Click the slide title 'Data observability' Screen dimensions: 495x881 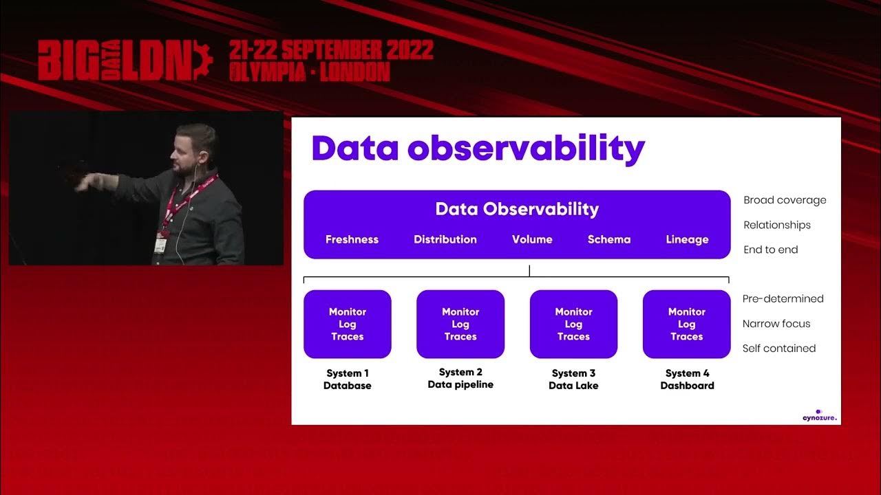click(x=478, y=148)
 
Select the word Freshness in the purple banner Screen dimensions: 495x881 click(x=352, y=239)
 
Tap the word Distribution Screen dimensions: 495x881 click(x=445, y=239)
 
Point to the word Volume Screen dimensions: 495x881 click(x=532, y=239)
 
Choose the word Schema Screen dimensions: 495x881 click(x=608, y=239)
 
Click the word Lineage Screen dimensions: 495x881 click(x=687, y=239)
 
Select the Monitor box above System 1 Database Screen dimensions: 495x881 click(x=348, y=324)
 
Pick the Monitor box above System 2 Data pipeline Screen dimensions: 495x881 click(x=460, y=324)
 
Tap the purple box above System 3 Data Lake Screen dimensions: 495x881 click(x=573, y=324)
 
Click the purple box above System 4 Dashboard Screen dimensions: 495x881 click(x=686, y=324)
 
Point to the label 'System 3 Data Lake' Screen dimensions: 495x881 click(x=573, y=379)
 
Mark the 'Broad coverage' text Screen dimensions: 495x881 click(x=785, y=200)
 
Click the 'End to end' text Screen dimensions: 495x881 click(x=770, y=250)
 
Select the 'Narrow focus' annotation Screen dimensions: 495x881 click(x=776, y=323)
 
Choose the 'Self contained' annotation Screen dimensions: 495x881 click(x=778, y=348)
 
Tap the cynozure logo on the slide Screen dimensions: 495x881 click(x=819, y=415)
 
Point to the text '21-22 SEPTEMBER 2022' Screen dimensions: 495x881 click(x=331, y=50)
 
